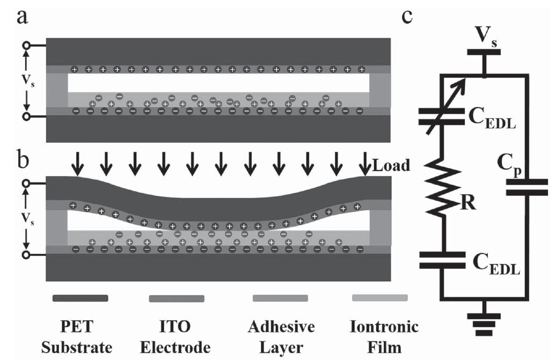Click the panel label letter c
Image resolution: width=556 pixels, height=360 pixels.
coord(407,16)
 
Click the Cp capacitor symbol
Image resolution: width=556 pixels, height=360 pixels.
coord(529,188)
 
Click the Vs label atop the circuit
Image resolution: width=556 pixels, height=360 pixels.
coord(485,36)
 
